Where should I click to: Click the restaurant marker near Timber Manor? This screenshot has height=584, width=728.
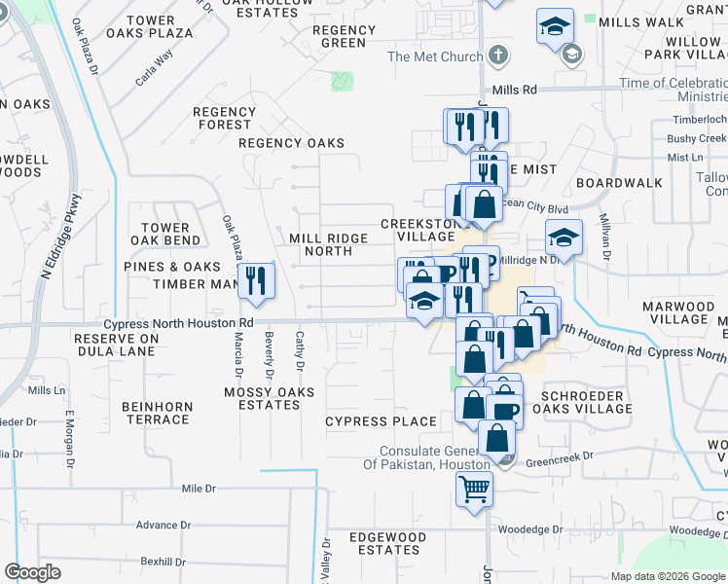click(256, 280)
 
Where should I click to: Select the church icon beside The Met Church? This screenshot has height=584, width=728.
click(498, 55)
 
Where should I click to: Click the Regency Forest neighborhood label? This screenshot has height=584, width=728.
click(224, 118)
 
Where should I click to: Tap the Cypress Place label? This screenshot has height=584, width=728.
click(381, 421)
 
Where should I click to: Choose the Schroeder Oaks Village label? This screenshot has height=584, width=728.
click(587, 402)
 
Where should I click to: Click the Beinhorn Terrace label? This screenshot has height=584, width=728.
click(156, 413)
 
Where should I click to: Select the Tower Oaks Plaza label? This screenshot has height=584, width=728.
click(150, 26)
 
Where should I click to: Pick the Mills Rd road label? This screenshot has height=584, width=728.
click(515, 90)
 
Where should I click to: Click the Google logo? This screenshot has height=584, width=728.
click(33, 572)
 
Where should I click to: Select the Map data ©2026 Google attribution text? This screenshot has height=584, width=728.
click(667, 576)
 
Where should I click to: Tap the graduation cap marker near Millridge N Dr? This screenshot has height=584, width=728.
click(563, 237)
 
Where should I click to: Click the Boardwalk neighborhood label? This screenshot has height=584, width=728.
click(619, 183)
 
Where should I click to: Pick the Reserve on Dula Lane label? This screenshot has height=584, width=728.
click(116, 345)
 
